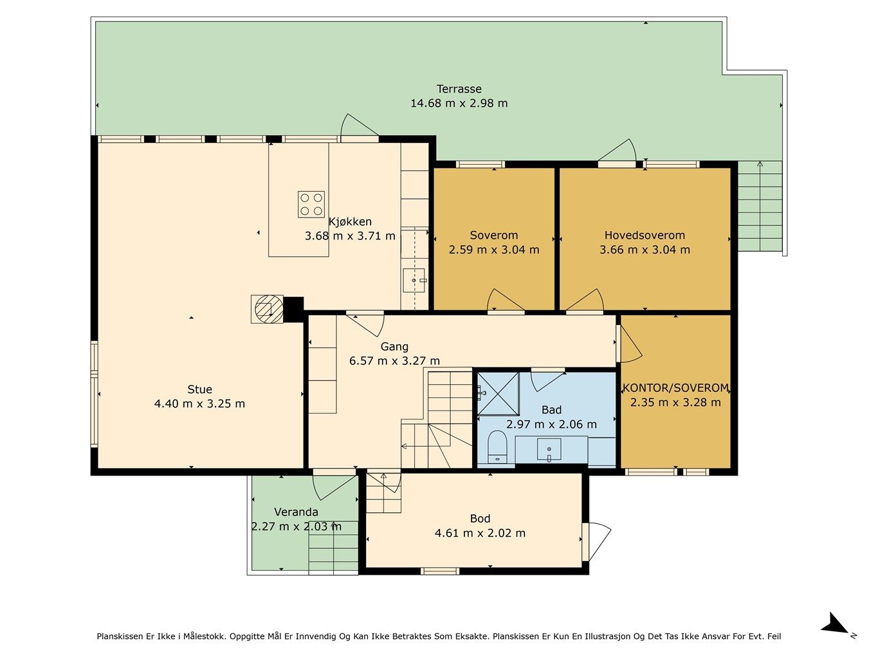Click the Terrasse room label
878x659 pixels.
[459, 89]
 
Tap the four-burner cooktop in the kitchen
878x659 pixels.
[311, 204]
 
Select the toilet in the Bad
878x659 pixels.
[497, 447]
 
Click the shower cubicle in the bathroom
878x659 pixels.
[498, 394]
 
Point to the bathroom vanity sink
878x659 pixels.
[549, 450]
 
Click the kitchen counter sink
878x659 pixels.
[414, 281]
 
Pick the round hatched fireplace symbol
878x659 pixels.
[269, 309]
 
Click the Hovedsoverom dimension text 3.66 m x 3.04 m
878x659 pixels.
[645, 250]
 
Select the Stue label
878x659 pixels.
[199, 389]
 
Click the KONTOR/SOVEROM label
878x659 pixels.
[675, 387]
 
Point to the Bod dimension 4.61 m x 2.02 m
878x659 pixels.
[480, 533]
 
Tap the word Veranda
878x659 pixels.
[296, 512]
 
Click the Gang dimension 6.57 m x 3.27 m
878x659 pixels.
[394, 361]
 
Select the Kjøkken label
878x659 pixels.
[350, 222]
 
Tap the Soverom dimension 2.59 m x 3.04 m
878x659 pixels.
[494, 250]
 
